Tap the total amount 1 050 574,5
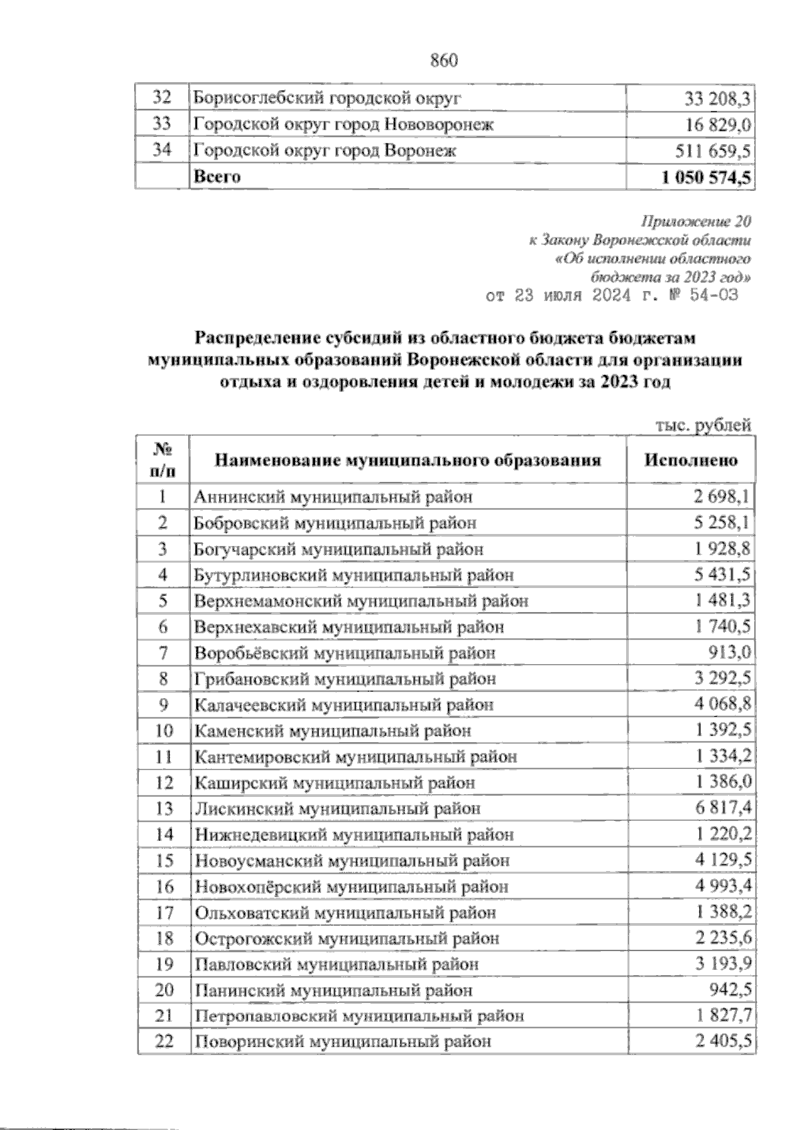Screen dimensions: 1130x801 point(706,177)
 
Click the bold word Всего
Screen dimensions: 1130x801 point(216,177)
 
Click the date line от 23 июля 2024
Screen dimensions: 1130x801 point(612,295)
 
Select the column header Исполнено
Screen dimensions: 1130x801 point(691,460)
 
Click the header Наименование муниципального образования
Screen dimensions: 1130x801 point(407,460)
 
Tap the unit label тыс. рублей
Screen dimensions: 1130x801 point(704,425)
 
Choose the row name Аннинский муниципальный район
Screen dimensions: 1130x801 point(334,497)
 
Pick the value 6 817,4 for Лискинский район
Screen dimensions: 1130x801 point(723,809)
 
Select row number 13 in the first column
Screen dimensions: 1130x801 point(164,809)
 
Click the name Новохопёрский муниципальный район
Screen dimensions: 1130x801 point(351,887)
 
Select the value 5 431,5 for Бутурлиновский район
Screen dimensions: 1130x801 point(723,575)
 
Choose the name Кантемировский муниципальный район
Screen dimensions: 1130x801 point(356,757)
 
